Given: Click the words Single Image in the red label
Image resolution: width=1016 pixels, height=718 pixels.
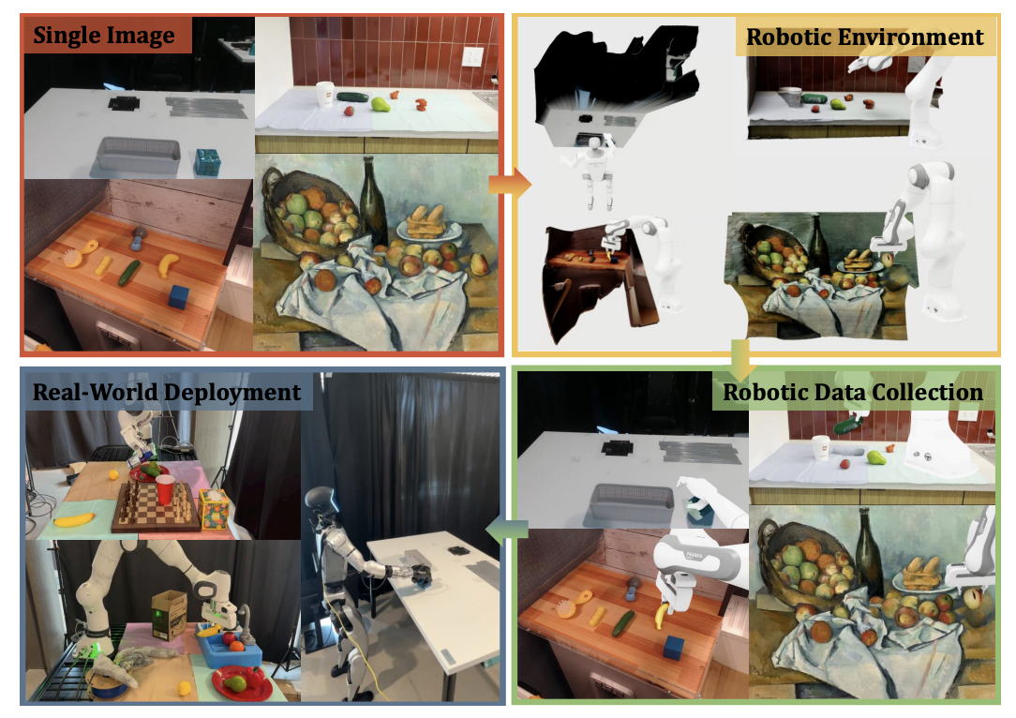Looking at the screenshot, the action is pos(104,35).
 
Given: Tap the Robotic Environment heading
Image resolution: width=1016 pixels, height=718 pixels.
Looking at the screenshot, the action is pos(865,37).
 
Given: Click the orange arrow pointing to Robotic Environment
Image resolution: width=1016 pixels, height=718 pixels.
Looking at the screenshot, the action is pos(509,185).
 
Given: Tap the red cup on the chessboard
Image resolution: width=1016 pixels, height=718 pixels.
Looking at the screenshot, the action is pos(165,489).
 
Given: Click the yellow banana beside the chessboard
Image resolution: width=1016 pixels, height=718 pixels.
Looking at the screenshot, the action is pos(74,519).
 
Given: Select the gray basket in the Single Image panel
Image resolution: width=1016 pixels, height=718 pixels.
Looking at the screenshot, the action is pos(138,155).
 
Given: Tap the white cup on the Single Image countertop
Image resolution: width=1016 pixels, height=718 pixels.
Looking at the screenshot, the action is pos(324,95).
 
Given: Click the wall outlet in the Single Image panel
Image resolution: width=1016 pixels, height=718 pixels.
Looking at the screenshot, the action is pos(471,56).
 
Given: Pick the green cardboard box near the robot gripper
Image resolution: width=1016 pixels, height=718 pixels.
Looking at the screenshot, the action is pos(169,616).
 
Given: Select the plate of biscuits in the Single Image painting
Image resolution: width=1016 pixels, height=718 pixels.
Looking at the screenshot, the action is pos(428,224).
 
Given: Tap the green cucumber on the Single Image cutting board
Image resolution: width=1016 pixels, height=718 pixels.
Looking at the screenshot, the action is pos(129,273).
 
